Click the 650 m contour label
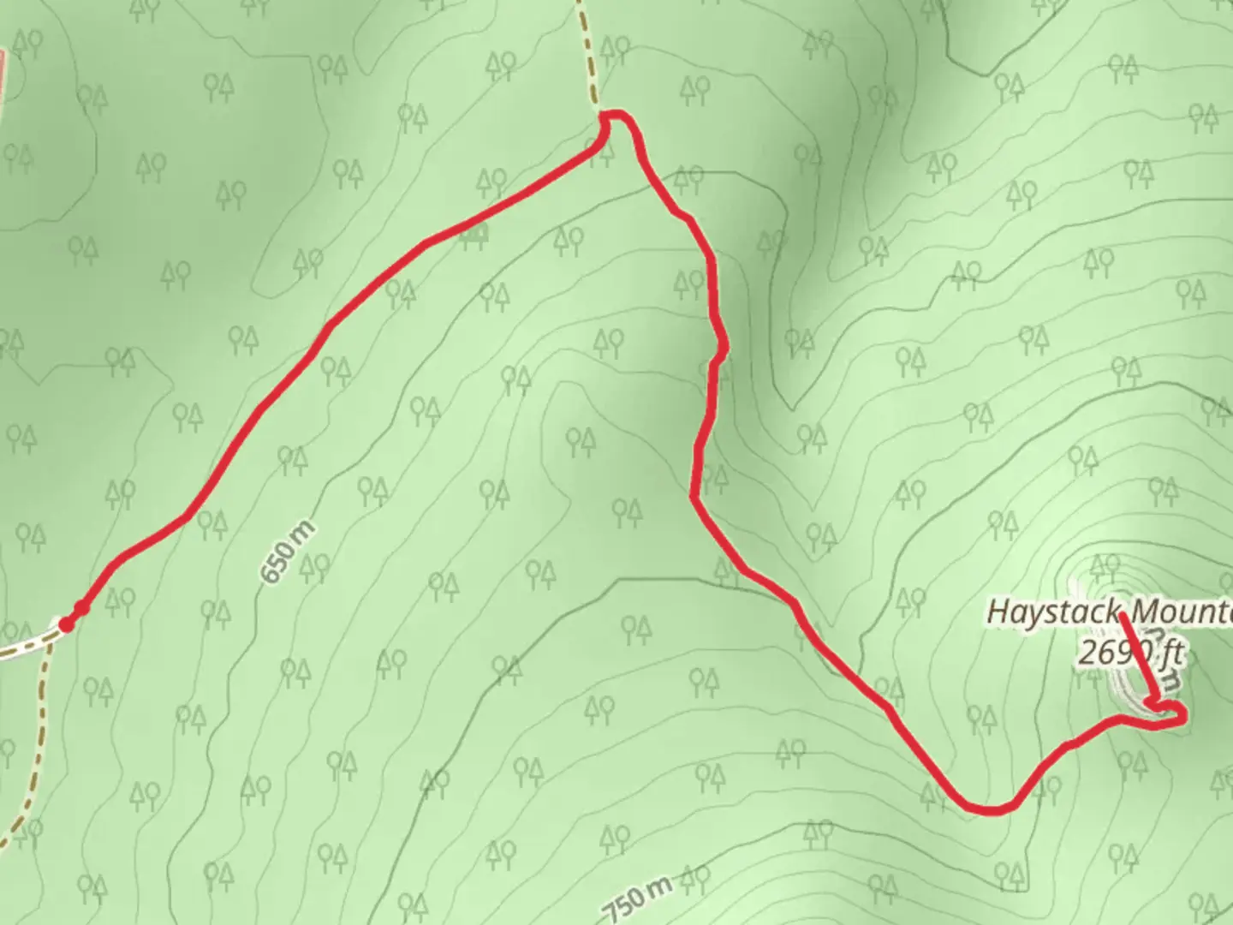[288, 552]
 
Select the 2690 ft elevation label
[1129, 653]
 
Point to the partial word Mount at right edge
[1182, 612]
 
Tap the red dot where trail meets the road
[65, 624]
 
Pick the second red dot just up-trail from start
[81, 608]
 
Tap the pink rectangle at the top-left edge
[3, 73]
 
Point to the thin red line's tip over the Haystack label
[1121, 615]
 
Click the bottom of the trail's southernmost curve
[989, 809]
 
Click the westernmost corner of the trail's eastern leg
[694, 494]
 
